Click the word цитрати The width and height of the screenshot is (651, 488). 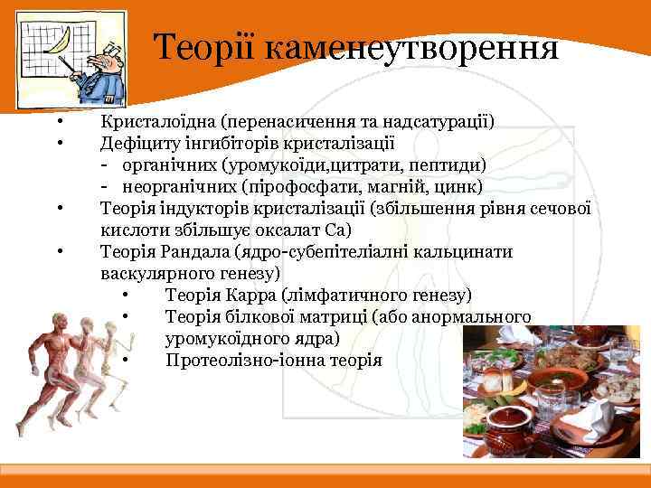click(x=366, y=164)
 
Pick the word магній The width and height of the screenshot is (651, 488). click(x=401, y=186)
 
